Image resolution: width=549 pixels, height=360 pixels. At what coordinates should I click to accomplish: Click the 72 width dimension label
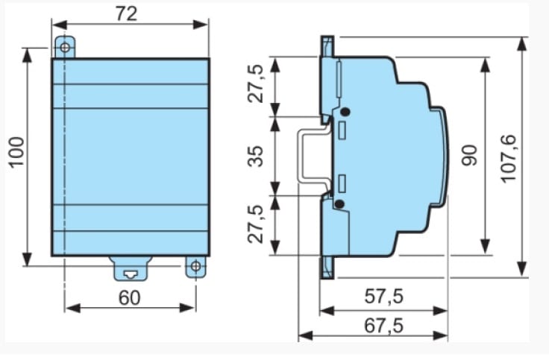(x=127, y=13)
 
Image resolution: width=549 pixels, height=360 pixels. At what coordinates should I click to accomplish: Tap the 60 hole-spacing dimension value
(x=129, y=297)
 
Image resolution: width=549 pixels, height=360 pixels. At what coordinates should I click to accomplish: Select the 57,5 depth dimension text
(x=384, y=296)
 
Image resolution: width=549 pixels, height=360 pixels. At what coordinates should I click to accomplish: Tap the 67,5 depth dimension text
(x=384, y=325)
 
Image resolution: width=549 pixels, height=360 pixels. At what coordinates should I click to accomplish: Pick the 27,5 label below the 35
(x=257, y=224)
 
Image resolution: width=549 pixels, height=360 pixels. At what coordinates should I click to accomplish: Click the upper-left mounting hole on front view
(x=66, y=48)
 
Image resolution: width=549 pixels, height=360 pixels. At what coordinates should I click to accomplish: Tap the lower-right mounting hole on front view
(x=196, y=265)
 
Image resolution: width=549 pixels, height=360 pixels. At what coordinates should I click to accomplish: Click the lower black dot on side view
(x=339, y=203)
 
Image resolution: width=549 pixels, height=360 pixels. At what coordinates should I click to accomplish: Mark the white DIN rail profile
(x=307, y=157)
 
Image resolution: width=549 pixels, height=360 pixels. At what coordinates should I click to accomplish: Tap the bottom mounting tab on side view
(x=327, y=267)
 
